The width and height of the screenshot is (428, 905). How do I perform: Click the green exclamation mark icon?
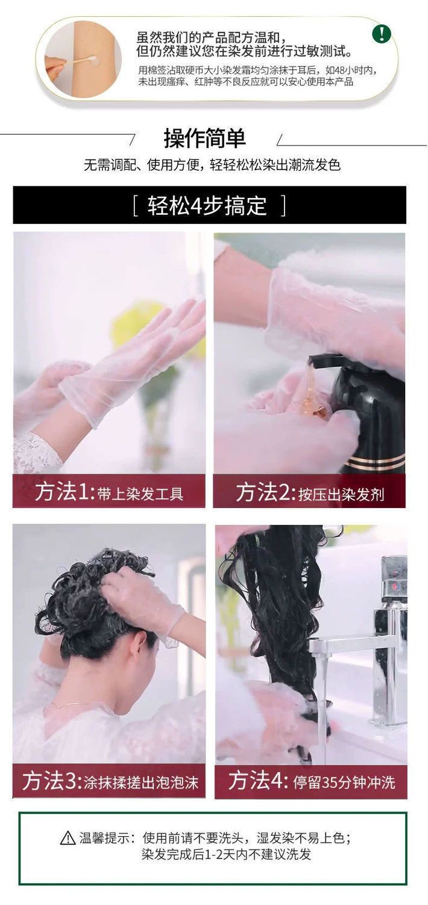pyautogui.click(x=381, y=33)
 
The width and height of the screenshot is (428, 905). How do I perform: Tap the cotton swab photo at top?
pyautogui.click(x=83, y=59)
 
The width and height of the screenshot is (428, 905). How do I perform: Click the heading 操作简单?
pyautogui.click(x=205, y=138)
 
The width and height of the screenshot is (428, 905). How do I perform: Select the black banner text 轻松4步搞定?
pyautogui.click(x=207, y=205)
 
